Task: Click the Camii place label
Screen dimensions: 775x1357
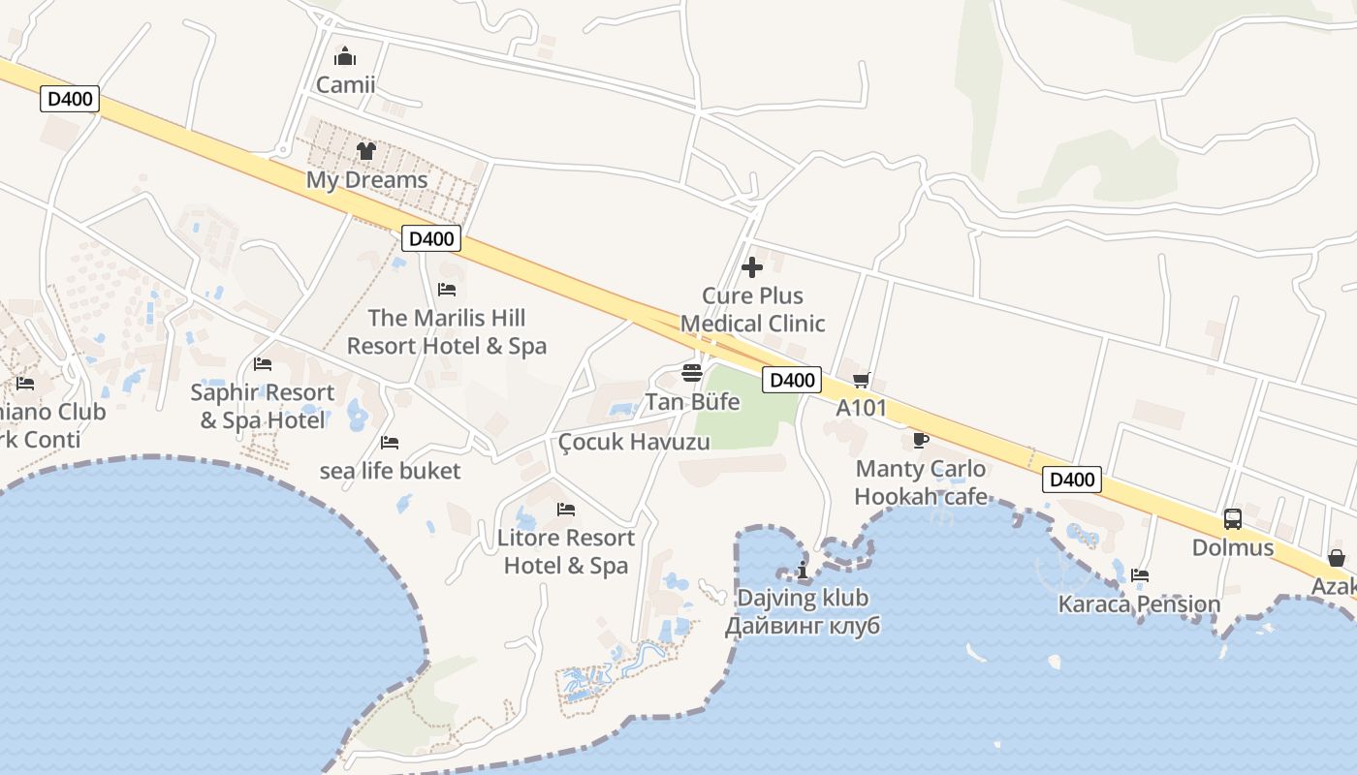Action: click(345, 84)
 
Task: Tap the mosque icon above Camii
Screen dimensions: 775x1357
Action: click(345, 57)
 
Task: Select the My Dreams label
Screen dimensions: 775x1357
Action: click(366, 180)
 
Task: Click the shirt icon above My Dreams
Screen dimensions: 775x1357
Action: click(366, 151)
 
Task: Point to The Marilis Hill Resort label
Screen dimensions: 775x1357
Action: click(447, 331)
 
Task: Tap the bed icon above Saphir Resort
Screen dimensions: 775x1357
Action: click(263, 364)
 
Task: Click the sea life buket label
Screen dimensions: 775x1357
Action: click(390, 471)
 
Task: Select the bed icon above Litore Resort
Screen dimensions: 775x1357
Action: click(566, 510)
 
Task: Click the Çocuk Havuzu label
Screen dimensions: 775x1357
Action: click(634, 442)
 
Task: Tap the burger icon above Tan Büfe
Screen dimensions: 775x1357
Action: click(692, 373)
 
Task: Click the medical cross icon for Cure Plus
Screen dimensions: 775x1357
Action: click(752, 267)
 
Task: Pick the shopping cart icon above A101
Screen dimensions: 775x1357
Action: click(861, 380)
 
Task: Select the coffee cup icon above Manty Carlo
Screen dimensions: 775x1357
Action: click(921, 441)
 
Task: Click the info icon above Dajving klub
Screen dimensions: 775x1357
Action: click(802, 570)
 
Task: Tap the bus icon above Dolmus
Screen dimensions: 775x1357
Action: click(1233, 519)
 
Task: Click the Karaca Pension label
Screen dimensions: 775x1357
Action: click(1139, 604)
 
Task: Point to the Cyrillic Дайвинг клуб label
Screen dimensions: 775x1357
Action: click(803, 626)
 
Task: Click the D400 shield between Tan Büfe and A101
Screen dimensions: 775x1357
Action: click(791, 381)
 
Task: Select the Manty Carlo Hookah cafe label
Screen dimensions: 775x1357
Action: click(921, 482)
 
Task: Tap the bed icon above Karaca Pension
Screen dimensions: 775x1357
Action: click(1140, 576)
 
